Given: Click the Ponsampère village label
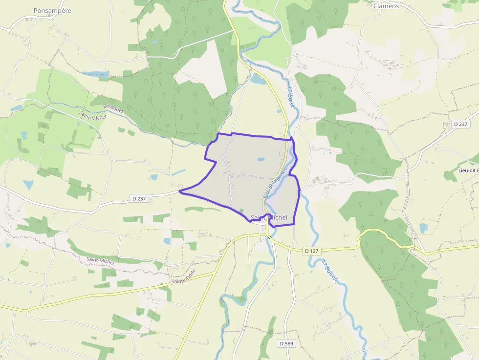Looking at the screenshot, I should point(52,10).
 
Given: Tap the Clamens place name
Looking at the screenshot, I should point(386,6).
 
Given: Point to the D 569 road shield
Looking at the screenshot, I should point(286,343).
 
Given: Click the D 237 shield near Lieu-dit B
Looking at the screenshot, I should point(460,125).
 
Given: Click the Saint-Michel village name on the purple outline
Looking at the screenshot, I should point(268,217).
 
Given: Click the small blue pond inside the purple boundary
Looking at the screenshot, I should point(260,159).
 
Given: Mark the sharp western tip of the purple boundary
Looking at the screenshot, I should point(180,191).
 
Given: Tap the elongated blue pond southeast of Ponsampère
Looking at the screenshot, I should point(95,75).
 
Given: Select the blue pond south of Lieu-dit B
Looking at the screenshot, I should point(423,228).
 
